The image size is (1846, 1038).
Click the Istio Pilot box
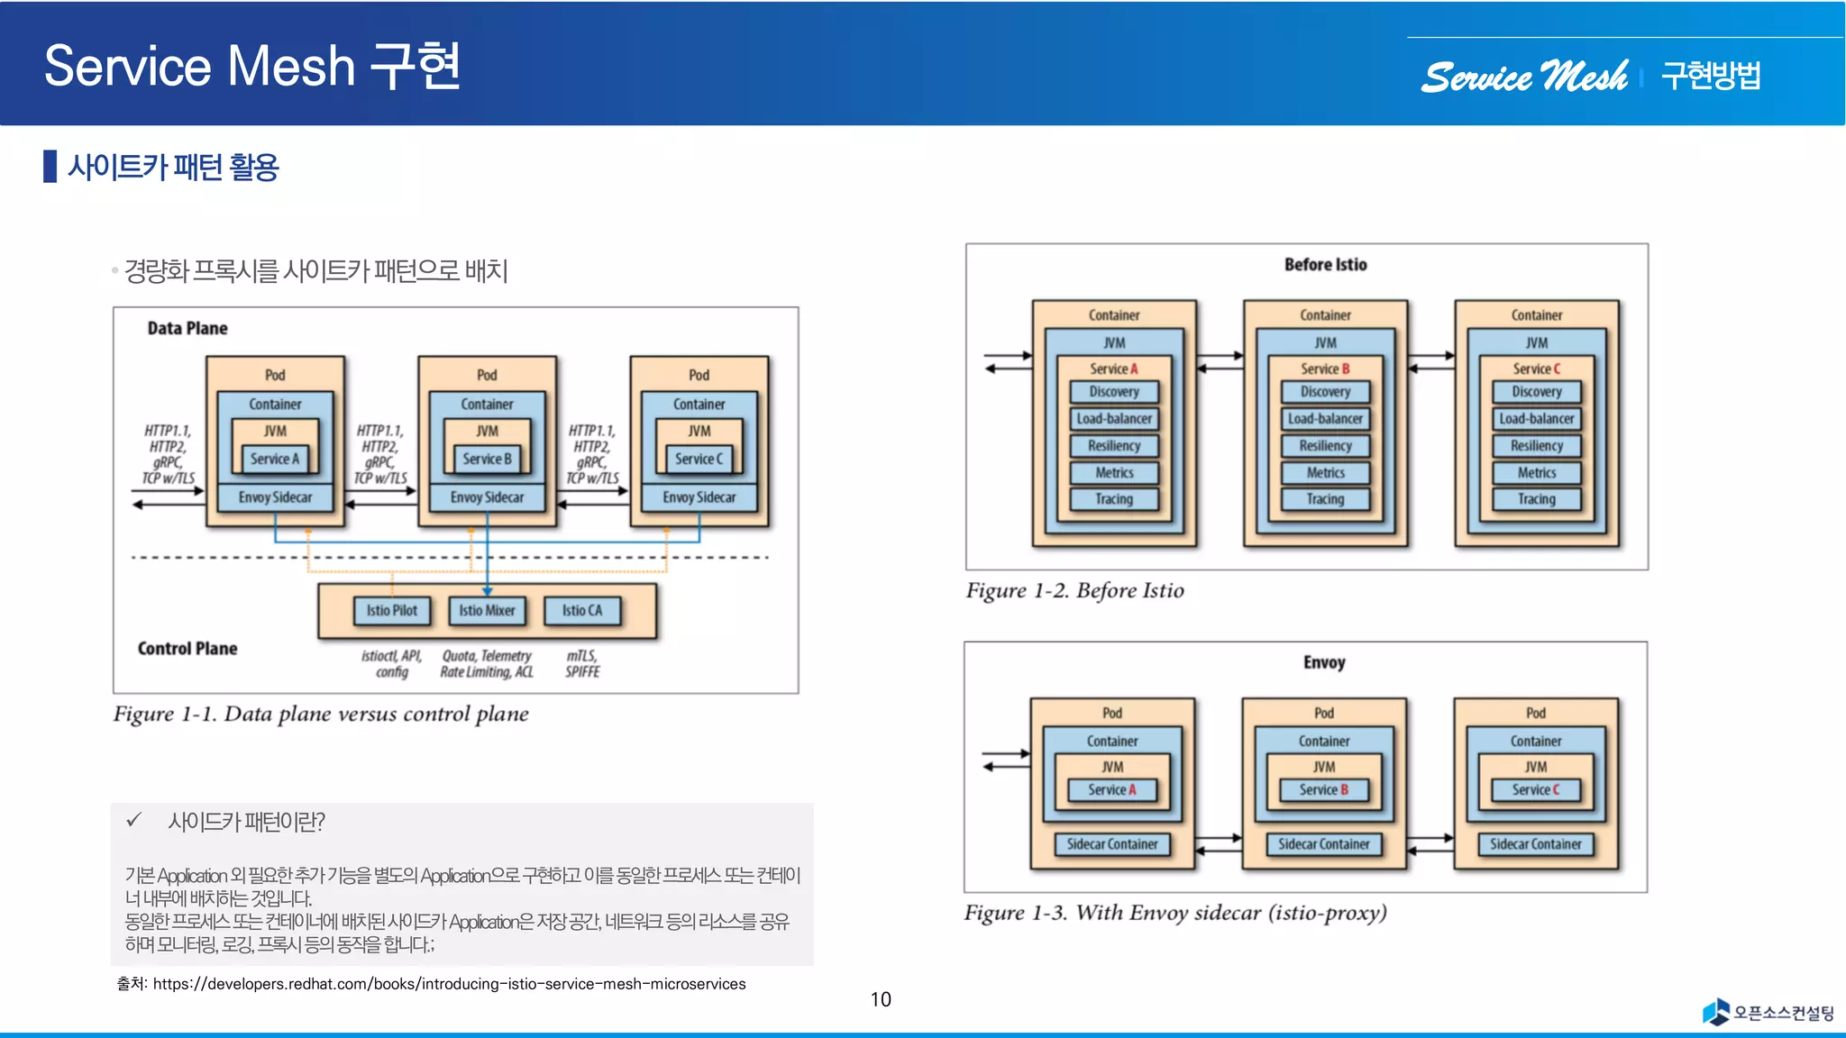click(x=391, y=611)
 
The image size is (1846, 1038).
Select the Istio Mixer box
click(x=487, y=611)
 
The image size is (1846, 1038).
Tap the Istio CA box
click(x=582, y=611)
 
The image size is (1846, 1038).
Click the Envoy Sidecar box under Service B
click(x=487, y=497)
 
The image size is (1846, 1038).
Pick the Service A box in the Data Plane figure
click(x=275, y=459)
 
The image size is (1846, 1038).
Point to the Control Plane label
click(x=187, y=649)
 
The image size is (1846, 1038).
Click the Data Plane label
click(x=187, y=329)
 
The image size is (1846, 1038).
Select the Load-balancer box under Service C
click(x=1536, y=419)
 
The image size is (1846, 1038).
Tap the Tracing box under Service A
click(x=1114, y=499)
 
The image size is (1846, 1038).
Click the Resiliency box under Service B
click(x=1325, y=446)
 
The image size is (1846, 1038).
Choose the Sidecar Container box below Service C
click(x=1535, y=844)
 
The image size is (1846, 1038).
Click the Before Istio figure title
click(x=1325, y=265)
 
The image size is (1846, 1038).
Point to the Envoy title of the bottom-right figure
click(x=1323, y=663)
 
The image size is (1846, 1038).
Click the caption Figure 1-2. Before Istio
click(x=1074, y=591)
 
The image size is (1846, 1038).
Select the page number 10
click(x=881, y=999)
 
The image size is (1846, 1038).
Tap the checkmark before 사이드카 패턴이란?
click(x=134, y=820)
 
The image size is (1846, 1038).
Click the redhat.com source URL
click(x=449, y=984)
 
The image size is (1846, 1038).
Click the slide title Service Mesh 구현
click(x=252, y=66)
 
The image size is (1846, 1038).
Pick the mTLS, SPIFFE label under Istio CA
click(x=582, y=664)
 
